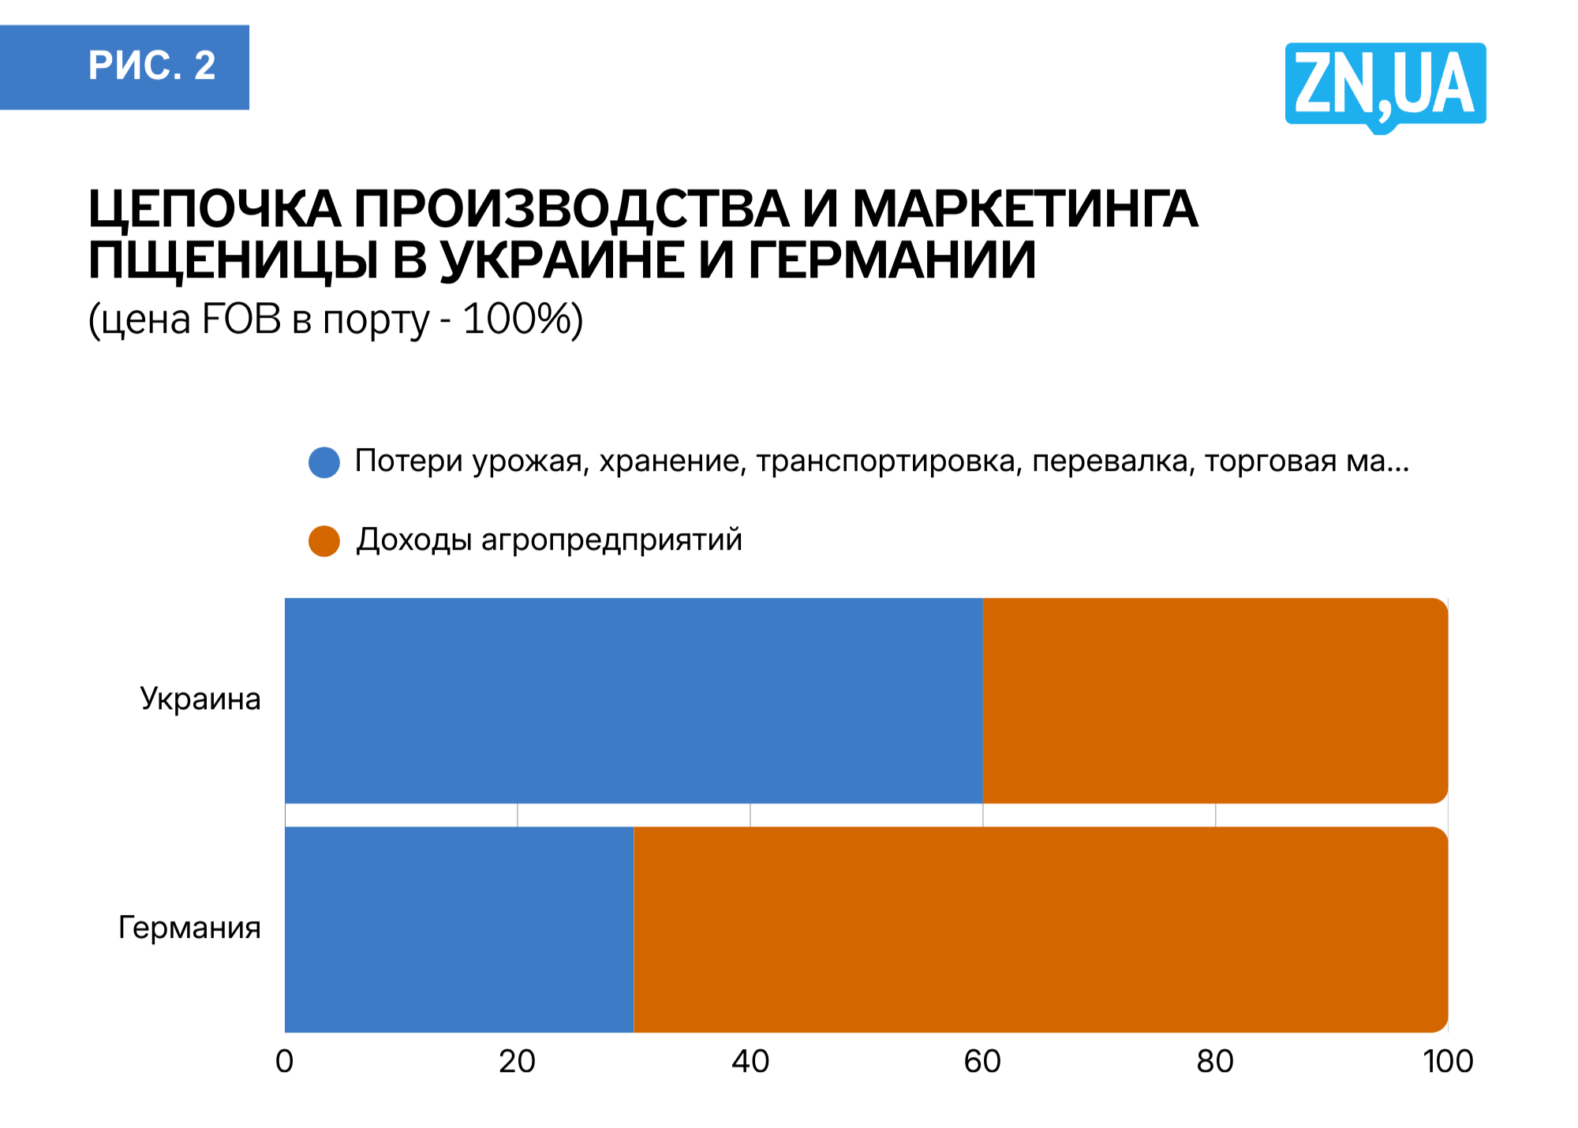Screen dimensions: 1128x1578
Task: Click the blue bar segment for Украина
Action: tap(634, 700)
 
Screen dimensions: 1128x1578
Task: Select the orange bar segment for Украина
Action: tap(1215, 700)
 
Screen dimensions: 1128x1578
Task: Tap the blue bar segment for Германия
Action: tap(459, 929)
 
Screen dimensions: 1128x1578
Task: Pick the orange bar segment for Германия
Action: tap(1040, 929)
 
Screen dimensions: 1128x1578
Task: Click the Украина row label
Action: tap(200, 699)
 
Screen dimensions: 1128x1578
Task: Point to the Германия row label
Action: tap(189, 928)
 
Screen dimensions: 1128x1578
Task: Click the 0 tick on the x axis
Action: tap(285, 1062)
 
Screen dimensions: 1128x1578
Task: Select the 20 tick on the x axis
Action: tap(517, 1062)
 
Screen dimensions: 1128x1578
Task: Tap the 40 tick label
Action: tap(750, 1062)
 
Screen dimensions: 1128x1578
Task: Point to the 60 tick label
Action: tap(982, 1062)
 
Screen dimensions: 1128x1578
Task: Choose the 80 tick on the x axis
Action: tap(1215, 1062)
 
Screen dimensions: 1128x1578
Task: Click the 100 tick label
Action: tap(1448, 1062)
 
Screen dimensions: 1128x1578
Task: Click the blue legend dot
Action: tap(324, 462)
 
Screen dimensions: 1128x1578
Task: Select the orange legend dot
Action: tap(324, 541)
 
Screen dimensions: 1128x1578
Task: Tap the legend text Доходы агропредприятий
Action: tap(549, 540)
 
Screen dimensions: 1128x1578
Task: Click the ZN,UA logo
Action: tap(1385, 84)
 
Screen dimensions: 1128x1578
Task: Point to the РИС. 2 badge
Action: tap(125, 66)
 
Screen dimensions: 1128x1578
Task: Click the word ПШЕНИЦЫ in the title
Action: tap(234, 260)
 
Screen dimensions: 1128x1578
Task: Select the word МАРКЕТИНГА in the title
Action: tap(1025, 209)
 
